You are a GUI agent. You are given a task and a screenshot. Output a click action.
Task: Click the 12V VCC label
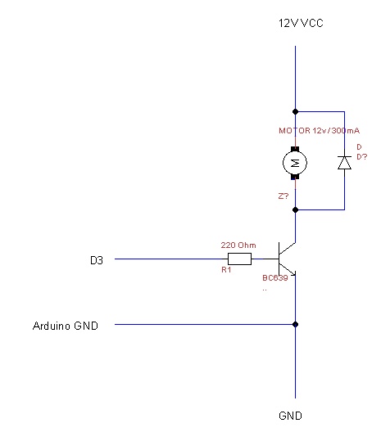pyautogui.click(x=301, y=23)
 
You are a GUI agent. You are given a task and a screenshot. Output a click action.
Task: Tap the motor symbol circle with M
pyautogui.click(x=295, y=163)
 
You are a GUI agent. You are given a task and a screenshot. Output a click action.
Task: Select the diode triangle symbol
pyautogui.click(x=344, y=163)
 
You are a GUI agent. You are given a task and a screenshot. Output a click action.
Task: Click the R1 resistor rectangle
pyautogui.click(x=239, y=259)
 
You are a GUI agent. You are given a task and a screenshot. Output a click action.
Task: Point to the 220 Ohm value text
pyautogui.click(x=238, y=245)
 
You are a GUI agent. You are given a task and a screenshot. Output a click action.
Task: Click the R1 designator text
pyautogui.click(x=226, y=270)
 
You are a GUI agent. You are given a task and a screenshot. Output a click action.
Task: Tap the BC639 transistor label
pyautogui.click(x=275, y=278)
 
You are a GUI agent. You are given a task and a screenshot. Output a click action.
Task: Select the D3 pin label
pyautogui.click(x=97, y=260)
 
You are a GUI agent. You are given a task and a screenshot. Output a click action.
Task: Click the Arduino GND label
pyautogui.click(x=66, y=326)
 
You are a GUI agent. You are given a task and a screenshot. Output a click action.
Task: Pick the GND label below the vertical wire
pyautogui.click(x=290, y=416)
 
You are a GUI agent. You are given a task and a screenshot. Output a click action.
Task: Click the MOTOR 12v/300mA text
pyautogui.click(x=319, y=131)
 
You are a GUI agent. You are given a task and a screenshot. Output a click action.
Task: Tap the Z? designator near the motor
pyautogui.click(x=283, y=196)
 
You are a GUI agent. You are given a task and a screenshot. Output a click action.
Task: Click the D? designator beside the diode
pyautogui.click(x=362, y=156)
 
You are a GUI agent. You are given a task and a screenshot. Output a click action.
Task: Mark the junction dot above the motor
pyautogui.click(x=296, y=111)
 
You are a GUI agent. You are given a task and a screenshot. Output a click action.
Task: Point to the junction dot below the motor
pyautogui.click(x=296, y=209)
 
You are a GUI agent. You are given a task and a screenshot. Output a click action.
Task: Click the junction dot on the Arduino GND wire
pyautogui.click(x=296, y=324)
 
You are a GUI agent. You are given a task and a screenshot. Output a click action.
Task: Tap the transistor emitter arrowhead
pyautogui.click(x=293, y=273)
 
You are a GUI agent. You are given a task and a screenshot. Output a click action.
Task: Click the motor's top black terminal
pyautogui.click(x=295, y=149)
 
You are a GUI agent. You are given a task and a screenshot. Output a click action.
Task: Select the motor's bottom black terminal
pyautogui.click(x=295, y=177)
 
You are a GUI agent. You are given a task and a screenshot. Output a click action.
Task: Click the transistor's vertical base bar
pyautogui.click(x=279, y=259)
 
